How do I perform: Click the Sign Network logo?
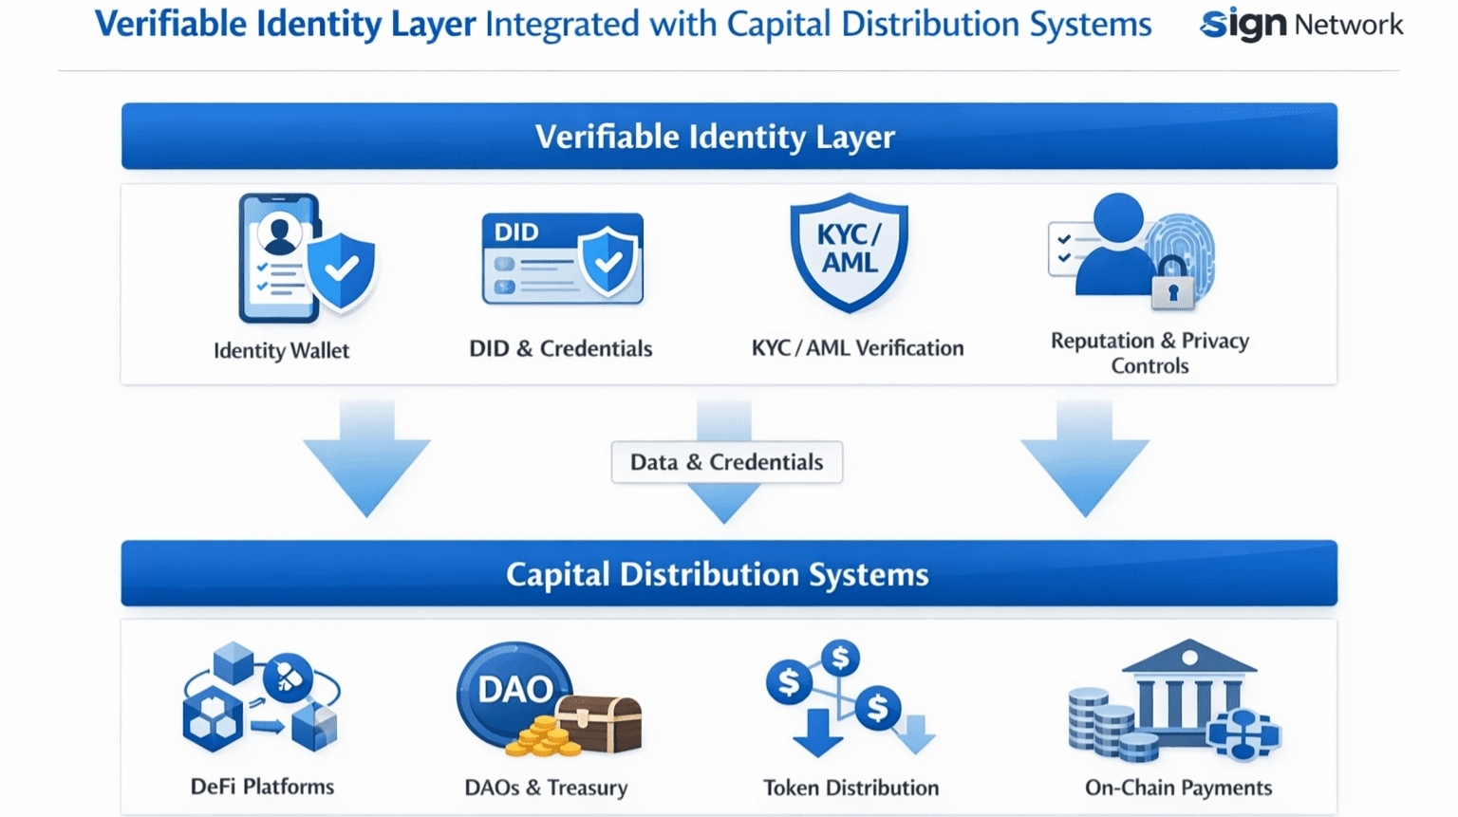pos(1300,25)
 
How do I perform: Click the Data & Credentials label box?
pos(726,462)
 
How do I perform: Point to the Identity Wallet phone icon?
pos(278,258)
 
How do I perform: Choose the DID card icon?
pos(562,258)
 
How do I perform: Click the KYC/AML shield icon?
pos(849,251)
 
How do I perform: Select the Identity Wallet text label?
pos(281,350)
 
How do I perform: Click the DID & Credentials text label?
pos(560,348)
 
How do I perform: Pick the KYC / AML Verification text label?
pos(857,348)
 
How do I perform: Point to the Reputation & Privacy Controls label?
pos(1150,353)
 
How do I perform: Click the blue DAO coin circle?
pos(514,690)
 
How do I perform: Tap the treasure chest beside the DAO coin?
pos(600,723)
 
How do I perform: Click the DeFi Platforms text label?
pos(262,787)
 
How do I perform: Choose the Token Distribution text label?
pos(850,788)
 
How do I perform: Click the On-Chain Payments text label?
pos(1178,788)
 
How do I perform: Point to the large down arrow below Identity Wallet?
pos(366,459)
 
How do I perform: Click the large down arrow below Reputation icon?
pos(1084,459)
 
